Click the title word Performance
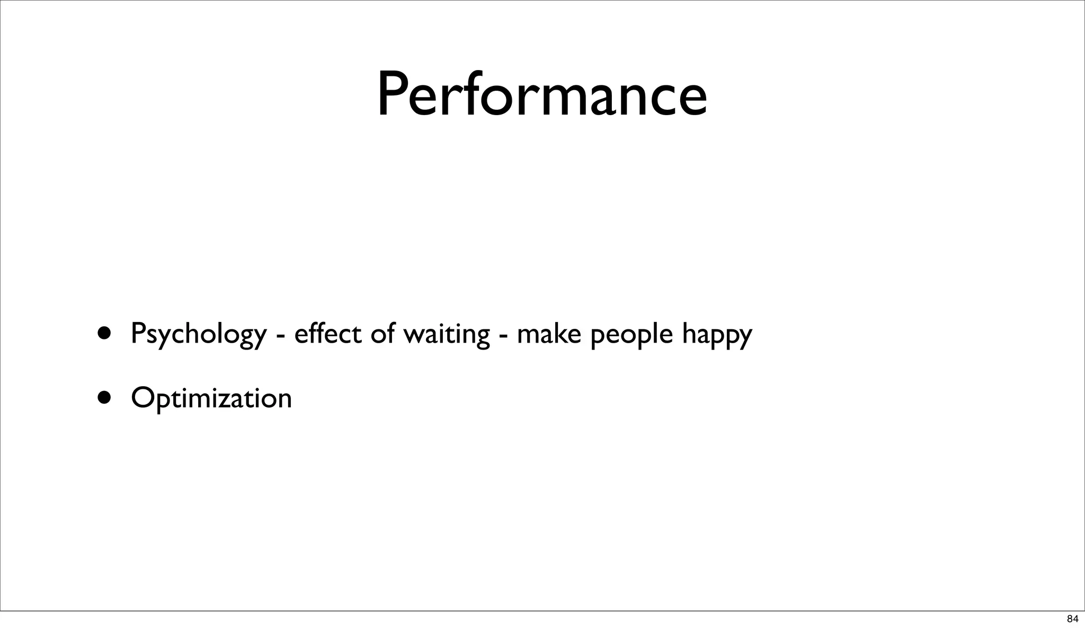click(x=541, y=95)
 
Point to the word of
click(x=383, y=334)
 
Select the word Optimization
click(x=211, y=398)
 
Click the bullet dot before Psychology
click(x=104, y=333)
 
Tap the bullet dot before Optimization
click(x=104, y=397)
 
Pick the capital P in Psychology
click(x=137, y=334)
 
